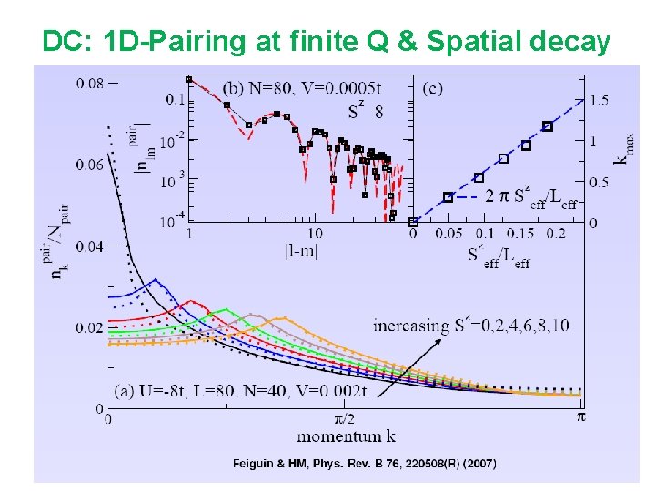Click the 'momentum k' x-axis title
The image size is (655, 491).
[x=345, y=436]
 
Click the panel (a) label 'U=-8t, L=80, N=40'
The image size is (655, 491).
[x=241, y=392]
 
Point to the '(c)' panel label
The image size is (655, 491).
[x=434, y=88]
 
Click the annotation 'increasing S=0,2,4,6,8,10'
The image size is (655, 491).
[x=470, y=326]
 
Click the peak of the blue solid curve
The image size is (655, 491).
[x=156, y=279]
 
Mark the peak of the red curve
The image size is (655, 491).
[x=191, y=301]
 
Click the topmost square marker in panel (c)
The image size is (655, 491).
[x=547, y=126]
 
